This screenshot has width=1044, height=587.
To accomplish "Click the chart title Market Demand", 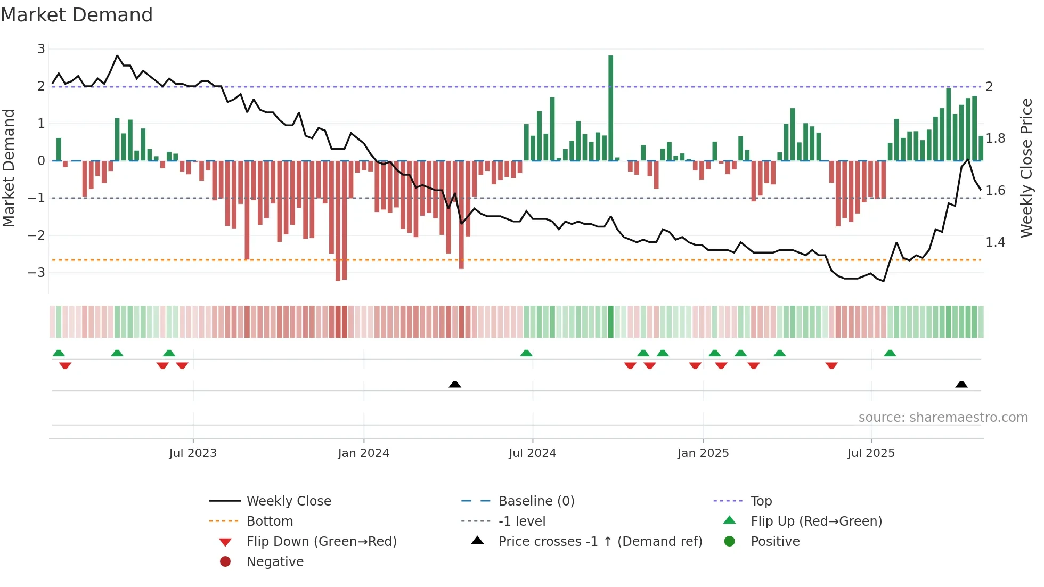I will (x=77, y=15).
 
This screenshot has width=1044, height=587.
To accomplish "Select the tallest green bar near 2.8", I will (x=610, y=107).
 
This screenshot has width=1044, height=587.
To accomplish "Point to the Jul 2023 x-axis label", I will (x=193, y=453).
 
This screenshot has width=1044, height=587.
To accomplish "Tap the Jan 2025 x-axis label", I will (x=703, y=453).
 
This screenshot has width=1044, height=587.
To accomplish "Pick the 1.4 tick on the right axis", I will (x=995, y=242).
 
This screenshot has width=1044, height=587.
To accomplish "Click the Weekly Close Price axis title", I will (x=1026, y=168).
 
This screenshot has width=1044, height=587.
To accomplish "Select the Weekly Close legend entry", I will (x=288, y=501).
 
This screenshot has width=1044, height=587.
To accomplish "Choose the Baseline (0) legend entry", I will (x=536, y=501).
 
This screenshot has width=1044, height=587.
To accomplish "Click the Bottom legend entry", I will (x=270, y=521).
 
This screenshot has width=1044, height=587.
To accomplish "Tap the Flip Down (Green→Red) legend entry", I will (x=321, y=542).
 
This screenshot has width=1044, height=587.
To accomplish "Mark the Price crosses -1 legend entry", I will (x=600, y=542).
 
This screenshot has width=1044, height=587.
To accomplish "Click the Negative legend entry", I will (x=275, y=562).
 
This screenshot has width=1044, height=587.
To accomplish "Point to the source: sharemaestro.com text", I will (x=943, y=418).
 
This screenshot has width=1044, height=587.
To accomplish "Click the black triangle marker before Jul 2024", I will (x=455, y=384).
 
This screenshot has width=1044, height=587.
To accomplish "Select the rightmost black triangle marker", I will (x=961, y=384).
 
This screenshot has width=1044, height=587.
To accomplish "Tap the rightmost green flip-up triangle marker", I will (x=890, y=353).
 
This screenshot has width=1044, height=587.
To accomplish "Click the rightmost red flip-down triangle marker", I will (x=831, y=365).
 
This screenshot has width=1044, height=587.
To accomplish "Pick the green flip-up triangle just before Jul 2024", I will (x=526, y=353).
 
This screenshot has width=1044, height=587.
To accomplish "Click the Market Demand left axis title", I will (x=9, y=168).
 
